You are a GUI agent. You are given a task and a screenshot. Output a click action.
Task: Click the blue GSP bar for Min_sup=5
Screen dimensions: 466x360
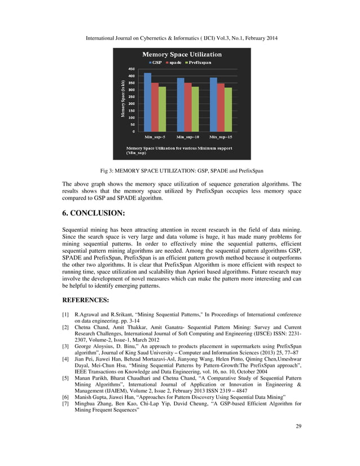tap(148, 102)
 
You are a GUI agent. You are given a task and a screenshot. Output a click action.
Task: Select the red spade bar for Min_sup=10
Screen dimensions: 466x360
tap(188, 107)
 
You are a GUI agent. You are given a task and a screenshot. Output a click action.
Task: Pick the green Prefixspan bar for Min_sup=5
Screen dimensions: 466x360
tap(163, 109)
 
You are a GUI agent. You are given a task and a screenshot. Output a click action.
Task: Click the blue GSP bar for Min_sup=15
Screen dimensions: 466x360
tap(213, 104)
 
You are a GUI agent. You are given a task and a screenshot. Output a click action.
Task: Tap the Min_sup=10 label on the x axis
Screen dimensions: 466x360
tap(188, 137)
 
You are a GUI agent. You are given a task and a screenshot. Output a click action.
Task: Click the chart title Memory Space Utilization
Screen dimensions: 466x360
tap(181, 54)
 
